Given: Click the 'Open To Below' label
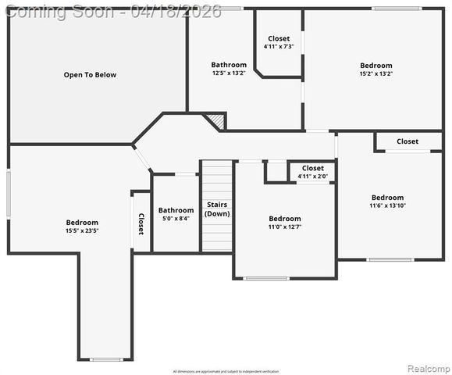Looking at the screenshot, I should click(90, 75).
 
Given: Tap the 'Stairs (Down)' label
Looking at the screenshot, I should click(217, 209).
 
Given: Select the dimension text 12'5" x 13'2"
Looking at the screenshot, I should click(229, 73).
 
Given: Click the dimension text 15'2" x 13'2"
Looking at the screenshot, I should click(376, 73).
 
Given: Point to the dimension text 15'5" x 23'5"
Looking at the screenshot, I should click(82, 230).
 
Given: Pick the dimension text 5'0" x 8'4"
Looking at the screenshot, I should click(176, 219).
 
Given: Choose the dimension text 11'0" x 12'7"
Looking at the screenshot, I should click(285, 227).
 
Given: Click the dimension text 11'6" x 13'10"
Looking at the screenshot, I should click(388, 205).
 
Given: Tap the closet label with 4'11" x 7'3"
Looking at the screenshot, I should click(279, 38).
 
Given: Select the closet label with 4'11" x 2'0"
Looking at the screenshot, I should click(312, 168).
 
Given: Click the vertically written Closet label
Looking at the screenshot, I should click(141, 224).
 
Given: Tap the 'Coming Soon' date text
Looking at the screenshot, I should click(114, 11).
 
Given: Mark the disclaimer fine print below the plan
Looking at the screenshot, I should click(226, 371).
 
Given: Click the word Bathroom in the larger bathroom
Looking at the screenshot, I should click(229, 65).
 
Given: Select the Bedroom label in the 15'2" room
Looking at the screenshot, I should click(376, 65).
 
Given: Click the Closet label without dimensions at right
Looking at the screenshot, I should click(408, 141).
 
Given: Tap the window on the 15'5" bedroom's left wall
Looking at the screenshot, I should click(9, 194).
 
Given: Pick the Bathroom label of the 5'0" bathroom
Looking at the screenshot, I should click(176, 210).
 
